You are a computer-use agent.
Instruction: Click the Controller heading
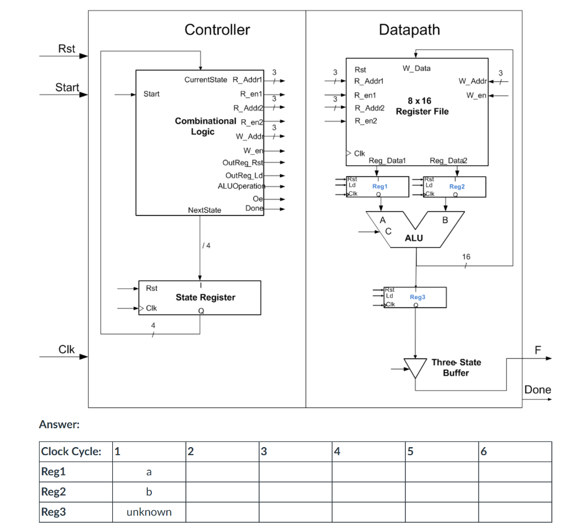click(217, 30)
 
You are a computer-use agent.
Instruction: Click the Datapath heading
click(409, 30)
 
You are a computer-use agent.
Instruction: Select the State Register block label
click(205, 297)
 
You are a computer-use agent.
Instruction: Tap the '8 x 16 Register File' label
click(421, 106)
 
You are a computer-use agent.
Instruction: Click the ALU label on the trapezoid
click(413, 238)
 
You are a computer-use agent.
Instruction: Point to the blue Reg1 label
click(379, 186)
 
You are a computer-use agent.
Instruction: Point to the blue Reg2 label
click(457, 186)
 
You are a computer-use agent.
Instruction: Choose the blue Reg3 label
click(417, 297)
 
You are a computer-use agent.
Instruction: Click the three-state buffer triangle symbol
click(415, 367)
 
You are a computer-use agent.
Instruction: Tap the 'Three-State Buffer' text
click(456, 367)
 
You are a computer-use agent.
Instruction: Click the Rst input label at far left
click(66, 49)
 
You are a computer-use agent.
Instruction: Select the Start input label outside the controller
click(67, 87)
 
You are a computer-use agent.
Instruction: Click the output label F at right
click(537, 350)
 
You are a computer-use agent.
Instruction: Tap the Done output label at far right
click(538, 390)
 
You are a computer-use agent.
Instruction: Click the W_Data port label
click(416, 68)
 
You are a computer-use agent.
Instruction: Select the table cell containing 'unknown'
click(148, 512)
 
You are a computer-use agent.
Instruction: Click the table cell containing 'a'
click(148, 472)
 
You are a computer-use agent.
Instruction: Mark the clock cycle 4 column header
click(368, 451)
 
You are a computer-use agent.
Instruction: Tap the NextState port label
click(204, 210)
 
